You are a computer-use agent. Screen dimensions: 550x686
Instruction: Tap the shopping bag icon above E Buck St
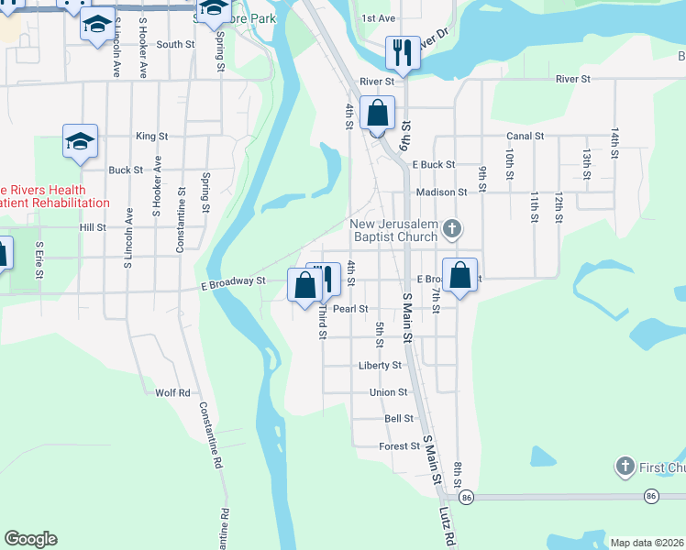[377, 115]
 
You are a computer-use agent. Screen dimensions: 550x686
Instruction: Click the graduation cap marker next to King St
[81, 142]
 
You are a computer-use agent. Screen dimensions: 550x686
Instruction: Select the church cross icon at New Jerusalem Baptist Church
[450, 227]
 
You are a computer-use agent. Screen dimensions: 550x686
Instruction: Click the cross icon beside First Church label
[625, 467]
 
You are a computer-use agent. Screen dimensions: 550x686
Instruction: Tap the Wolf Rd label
[172, 392]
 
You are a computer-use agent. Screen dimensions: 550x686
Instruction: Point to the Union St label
[388, 392]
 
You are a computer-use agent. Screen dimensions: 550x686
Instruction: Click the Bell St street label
[399, 418]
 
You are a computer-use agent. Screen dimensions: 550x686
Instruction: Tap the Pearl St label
[350, 309]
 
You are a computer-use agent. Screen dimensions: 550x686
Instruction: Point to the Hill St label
[93, 226]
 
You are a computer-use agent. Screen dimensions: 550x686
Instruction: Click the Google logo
[30, 539]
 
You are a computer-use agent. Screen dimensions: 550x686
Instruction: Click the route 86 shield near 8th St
[467, 496]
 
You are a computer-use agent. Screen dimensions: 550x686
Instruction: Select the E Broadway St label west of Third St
[233, 282]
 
